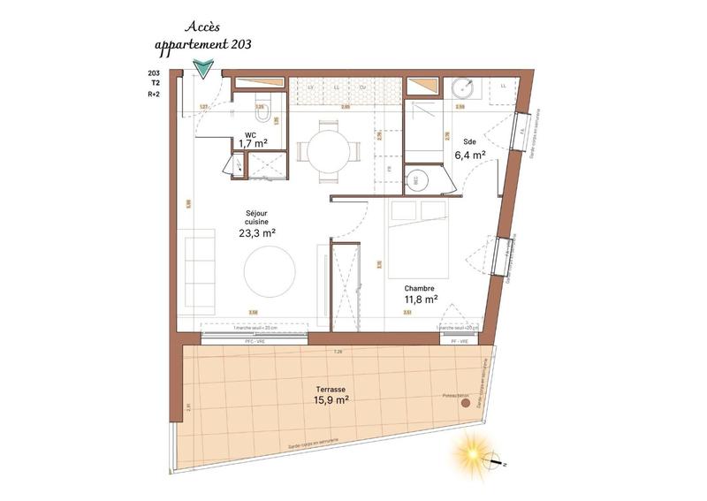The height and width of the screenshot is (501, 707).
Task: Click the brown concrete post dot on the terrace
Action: coord(465,403)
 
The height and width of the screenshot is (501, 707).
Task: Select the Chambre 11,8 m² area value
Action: coord(420,300)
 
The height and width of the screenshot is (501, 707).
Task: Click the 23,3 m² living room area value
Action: coord(257,233)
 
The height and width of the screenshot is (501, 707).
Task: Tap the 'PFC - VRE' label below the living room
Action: coord(255,339)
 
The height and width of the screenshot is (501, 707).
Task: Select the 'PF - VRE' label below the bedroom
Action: coord(460,339)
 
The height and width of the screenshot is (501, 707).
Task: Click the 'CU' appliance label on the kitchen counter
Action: coord(362,87)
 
